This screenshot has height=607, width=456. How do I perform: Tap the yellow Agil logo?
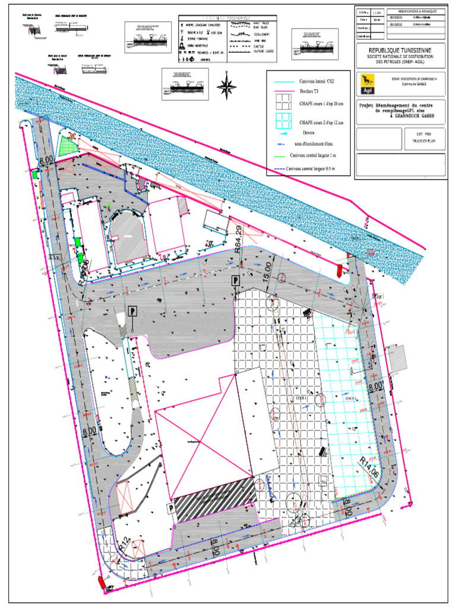click(x=366, y=84)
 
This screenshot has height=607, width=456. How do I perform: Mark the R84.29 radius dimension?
click(x=237, y=241)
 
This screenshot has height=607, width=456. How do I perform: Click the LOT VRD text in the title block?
click(x=418, y=135)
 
